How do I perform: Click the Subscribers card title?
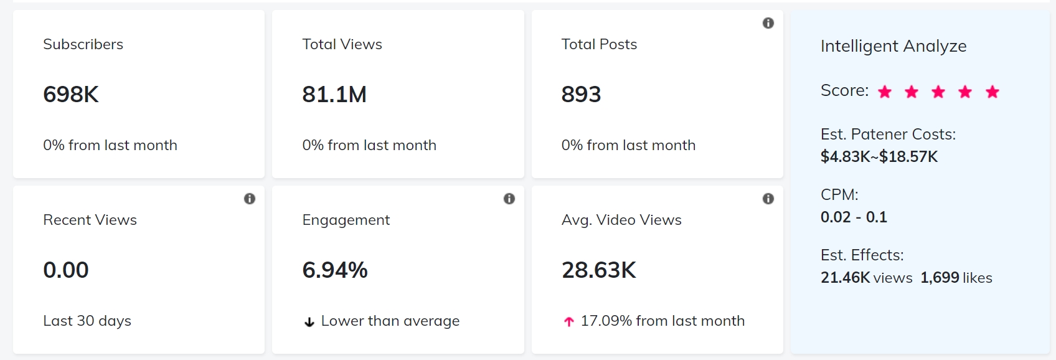[x=83, y=44]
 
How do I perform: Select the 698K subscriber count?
[x=71, y=95]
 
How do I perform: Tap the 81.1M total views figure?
[x=334, y=95]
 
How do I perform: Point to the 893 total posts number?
[x=581, y=95]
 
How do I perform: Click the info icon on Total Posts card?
[x=768, y=23]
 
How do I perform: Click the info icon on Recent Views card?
[x=250, y=199]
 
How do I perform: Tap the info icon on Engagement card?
[x=509, y=199]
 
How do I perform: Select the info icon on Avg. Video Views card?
[x=768, y=199]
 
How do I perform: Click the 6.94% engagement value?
[x=335, y=270]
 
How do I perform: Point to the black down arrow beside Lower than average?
[x=309, y=322]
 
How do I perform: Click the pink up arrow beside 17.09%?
[x=568, y=322]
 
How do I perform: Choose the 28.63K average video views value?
[x=599, y=270]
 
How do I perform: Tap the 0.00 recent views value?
[x=66, y=270]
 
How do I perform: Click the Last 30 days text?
[x=87, y=321]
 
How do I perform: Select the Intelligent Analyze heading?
[x=893, y=46]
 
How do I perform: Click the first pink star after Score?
[x=885, y=92]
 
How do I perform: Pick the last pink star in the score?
[x=992, y=92]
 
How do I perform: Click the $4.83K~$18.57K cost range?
[x=879, y=156]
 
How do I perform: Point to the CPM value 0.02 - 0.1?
[x=854, y=217]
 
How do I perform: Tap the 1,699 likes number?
[x=940, y=278]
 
